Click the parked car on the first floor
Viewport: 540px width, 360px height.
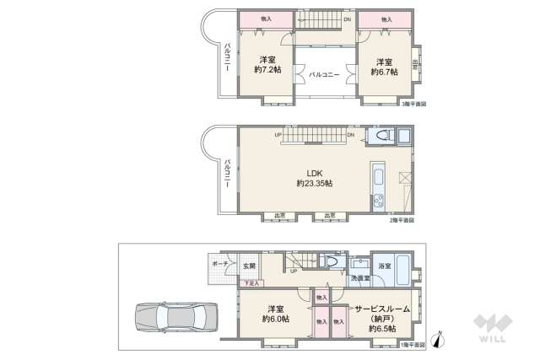(174, 319)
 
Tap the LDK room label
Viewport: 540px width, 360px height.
(314, 170)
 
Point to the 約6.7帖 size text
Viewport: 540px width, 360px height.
(385, 70)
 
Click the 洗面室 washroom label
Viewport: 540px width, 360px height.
(359, 277)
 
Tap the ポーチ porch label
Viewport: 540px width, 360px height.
(219, 263)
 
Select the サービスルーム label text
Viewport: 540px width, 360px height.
(381, 309)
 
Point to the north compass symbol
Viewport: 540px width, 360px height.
(435, 341)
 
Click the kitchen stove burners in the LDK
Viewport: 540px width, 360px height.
(378, 200)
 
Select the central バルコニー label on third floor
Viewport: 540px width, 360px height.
(324, 75)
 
